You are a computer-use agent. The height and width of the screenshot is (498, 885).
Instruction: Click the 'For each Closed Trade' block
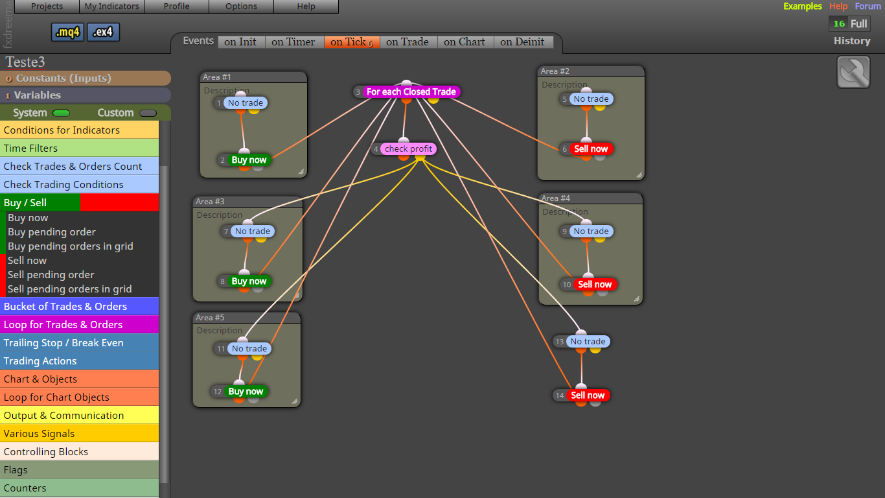click(x=411, y=92)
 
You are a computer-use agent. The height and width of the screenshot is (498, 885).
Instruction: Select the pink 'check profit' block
click(x=408, y=148)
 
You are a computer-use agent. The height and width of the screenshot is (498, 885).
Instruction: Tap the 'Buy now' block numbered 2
click(x=249, y=160)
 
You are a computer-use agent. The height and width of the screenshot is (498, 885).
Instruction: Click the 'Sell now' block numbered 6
click(x=591, y=148)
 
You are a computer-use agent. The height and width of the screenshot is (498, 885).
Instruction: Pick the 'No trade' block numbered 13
click(x=588, y=341)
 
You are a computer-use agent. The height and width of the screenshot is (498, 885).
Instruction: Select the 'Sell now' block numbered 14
click(x=588, y=395)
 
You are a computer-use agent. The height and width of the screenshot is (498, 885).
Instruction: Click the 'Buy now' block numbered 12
click(x=246, y=391)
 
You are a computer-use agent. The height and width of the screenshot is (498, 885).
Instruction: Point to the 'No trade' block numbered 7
click(x=253, y=231)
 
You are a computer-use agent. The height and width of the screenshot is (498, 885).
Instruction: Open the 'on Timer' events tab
click(x=293, y=42)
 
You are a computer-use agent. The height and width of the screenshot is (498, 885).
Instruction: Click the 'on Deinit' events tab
click(x=522, y=42)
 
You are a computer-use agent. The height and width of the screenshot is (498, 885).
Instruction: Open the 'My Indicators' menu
click(x=112, y=6)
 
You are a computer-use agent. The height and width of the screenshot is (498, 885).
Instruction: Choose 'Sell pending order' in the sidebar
click(x=51, y=274)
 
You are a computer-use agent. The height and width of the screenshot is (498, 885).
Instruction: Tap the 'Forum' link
click(x=868, y=6)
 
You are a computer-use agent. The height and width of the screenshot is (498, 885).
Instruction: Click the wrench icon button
click(x=853, y=72)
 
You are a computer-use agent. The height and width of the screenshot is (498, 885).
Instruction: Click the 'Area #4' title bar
click(x=591, y=198)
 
